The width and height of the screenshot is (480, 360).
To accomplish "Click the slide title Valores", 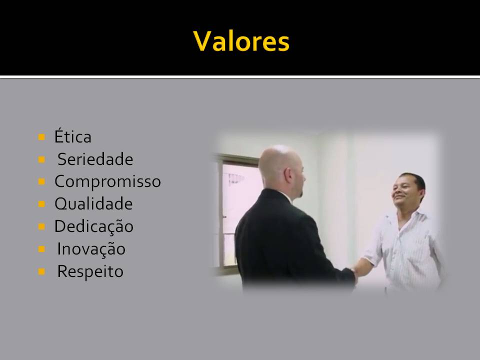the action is (x=241, y=41).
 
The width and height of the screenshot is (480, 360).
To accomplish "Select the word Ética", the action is (x=73, y=136).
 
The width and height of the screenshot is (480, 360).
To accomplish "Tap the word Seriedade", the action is (x=95, y=159).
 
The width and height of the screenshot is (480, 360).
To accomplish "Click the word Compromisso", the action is (x=108, y=181).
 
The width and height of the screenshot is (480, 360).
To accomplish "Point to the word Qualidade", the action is (x=93, y=204).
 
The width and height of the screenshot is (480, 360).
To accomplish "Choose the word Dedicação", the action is (x=94, y=226).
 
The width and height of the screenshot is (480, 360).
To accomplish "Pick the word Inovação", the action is (x=91, y=248).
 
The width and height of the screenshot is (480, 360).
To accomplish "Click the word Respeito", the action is (x=90, y=271).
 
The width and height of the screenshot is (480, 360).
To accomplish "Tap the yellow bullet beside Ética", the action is (x=41, y=137).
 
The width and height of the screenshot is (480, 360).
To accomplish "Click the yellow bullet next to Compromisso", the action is (x=41, y=182).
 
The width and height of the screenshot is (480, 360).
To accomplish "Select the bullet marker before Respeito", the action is (x=41, y=271).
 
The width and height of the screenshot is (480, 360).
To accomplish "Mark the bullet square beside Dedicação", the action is (x=41, y=226).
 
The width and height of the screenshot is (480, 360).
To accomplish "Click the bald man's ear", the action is (x=288, y=175).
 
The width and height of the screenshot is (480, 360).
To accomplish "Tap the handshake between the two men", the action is (x=354, y=273).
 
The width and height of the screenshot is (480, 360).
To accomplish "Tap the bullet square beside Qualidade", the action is (x=41, y=204).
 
